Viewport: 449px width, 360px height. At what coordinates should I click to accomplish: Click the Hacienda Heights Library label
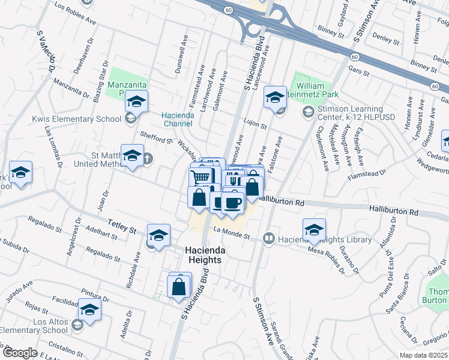(x=324, y=240)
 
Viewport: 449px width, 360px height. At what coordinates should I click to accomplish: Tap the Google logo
(x=20, y=353)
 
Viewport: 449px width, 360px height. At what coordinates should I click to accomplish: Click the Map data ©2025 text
(x=424, y=355)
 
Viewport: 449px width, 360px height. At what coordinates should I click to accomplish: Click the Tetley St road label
(x=122, y=227)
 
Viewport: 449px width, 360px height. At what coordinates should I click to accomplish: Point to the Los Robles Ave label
(x=75, y=14)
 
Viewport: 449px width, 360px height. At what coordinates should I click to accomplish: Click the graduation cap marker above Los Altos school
(x=90, y=309)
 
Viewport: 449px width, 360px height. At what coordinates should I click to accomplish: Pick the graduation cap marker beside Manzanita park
(x=137, y=101)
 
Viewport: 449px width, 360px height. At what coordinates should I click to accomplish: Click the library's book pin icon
(x=269, y=239)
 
